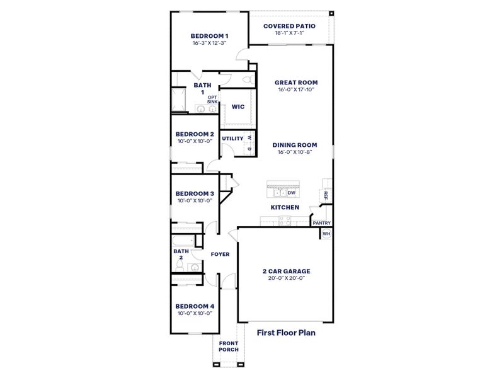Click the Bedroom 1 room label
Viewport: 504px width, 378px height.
coord(209,36)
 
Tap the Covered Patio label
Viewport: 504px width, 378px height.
coord(289,26)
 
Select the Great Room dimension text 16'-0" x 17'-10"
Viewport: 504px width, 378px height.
coord(295,89)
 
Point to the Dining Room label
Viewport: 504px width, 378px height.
coord(295,144)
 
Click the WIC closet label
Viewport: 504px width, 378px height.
coord(238,107)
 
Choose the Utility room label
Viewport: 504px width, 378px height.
coord(232,138)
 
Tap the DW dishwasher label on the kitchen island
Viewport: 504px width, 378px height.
coord(292,193)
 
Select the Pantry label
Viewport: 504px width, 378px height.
coord(321,223)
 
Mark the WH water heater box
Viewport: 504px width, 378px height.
coord(326,234)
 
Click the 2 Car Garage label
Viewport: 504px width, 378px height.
coord(286,272)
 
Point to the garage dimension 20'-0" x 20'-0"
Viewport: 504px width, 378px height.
coord(286,278)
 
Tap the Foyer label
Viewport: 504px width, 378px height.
coord(220,254)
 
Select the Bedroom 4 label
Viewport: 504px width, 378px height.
coord(195,306)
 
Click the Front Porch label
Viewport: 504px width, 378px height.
coord(228,347)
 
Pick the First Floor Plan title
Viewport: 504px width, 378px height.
coord(285,331)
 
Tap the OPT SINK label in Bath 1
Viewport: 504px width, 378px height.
coord(212,100)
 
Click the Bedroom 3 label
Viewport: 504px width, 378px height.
coord(195,193)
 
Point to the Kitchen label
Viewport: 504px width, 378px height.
coord(285,207)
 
